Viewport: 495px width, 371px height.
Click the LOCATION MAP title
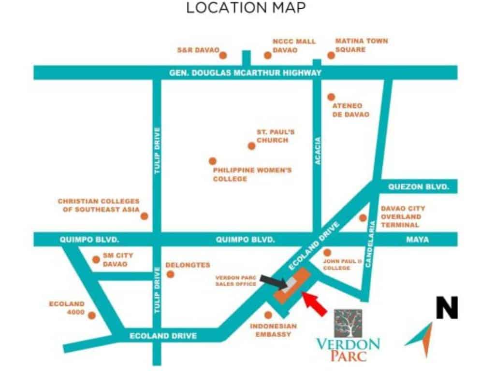click(x=246, y=9)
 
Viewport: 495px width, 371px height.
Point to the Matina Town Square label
click(x=362, y=45)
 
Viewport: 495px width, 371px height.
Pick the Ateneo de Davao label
click(x=351, y=110)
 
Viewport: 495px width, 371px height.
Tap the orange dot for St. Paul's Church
click(x=251, y=146)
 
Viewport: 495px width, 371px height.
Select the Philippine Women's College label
click(x=252, y=174)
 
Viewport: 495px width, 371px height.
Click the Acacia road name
click(x=318, y=151)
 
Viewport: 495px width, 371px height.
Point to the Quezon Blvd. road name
click(x=419, y=186)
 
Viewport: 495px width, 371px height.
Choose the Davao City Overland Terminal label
click(x=403, y=216)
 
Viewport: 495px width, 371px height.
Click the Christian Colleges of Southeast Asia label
click(x=99, y=205)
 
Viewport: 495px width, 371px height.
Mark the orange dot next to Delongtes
click(x=170, y=274)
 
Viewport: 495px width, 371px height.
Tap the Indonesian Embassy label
click(x=273, y=330)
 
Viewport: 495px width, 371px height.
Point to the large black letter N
click(x=447, y=308)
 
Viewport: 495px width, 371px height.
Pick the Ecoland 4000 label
click(x=67, y=308)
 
